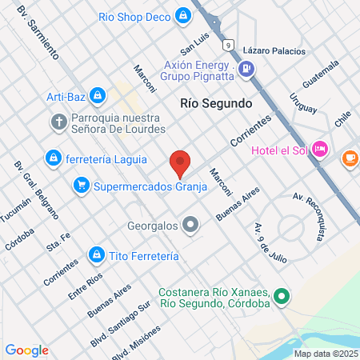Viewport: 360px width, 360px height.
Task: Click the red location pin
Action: [x=180, y=162]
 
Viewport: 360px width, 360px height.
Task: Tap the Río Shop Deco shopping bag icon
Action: [x=184, y=15]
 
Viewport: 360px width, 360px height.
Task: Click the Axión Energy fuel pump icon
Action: [x=246, y=70]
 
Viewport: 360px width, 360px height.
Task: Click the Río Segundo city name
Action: [x=216, y=103]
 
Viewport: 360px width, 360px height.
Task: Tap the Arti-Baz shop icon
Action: [x=97, y=96]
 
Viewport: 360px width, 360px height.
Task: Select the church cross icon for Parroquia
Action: [x=58, y=122]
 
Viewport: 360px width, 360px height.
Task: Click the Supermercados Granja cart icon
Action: [x=81, y=186]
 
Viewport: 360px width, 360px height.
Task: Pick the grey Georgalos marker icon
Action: [x=190, y=225]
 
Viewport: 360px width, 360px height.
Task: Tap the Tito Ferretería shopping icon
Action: [x=96, y=254]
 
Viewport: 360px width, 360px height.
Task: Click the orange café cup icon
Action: [x=350, y=158]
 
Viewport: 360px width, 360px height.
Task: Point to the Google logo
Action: [x=26, y=350]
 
